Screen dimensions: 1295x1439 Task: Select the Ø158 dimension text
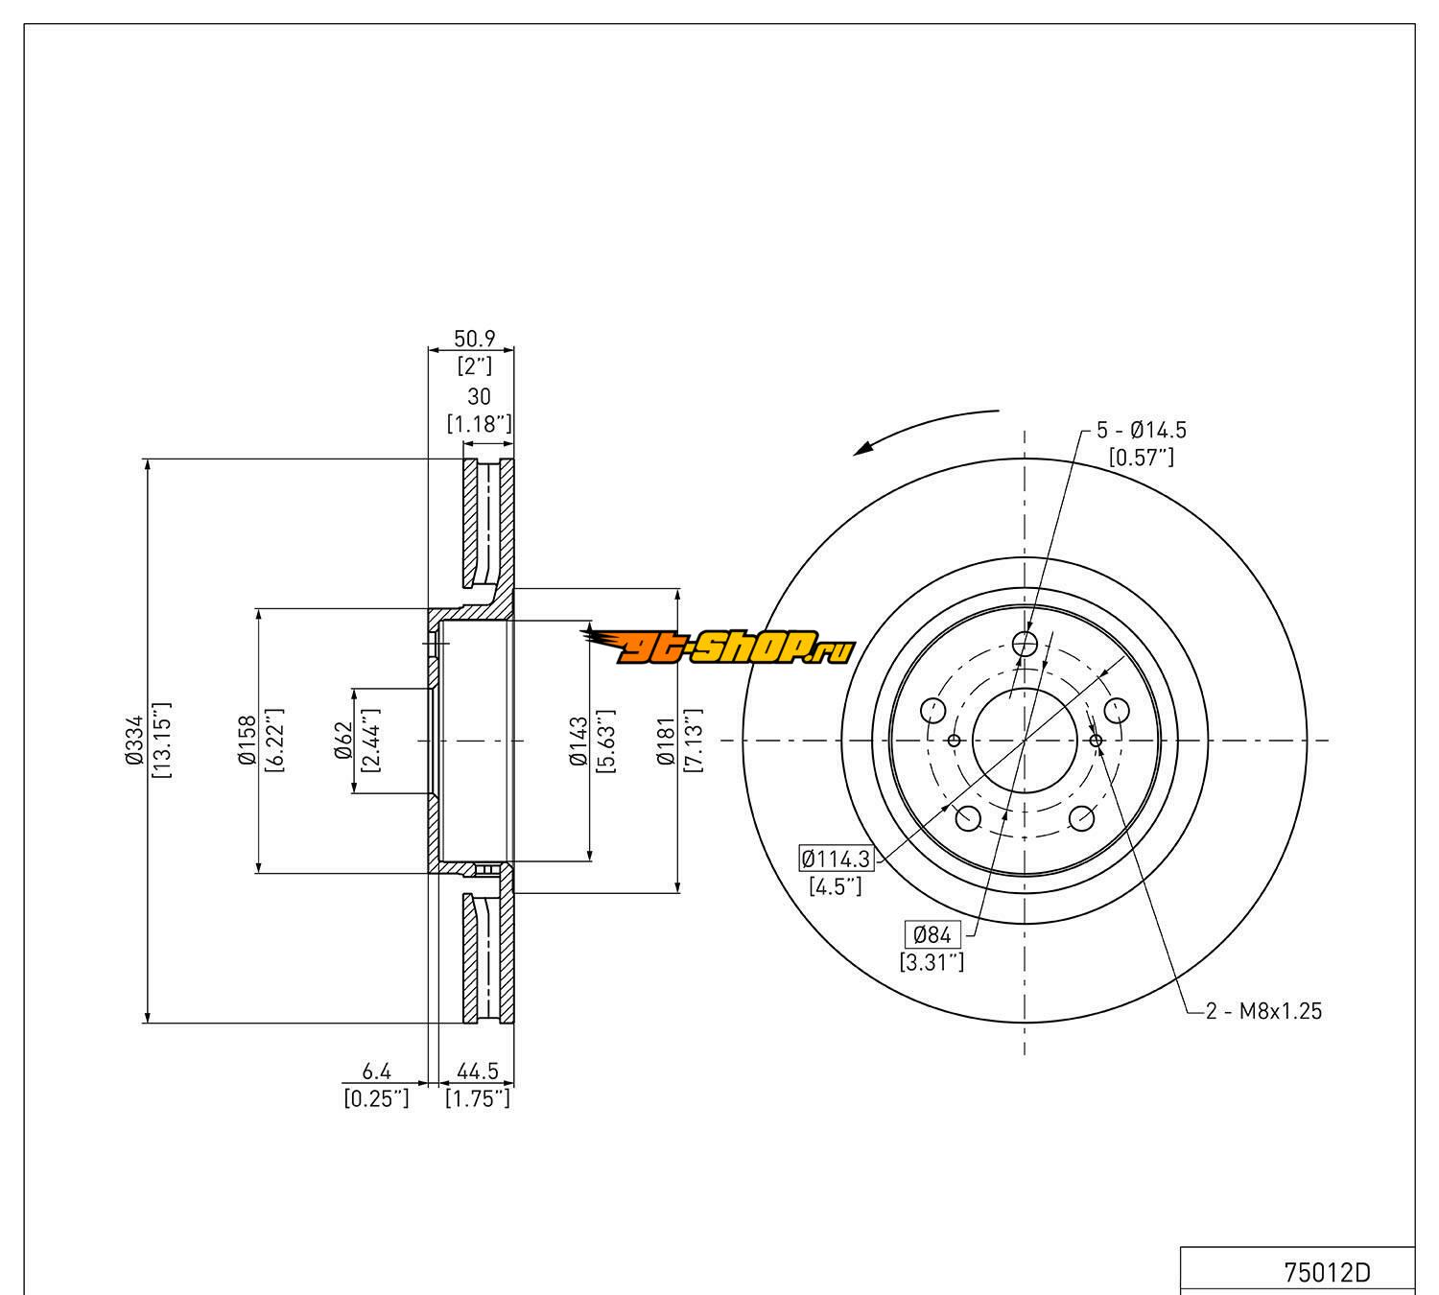pyautogui.click(x=248, y=741)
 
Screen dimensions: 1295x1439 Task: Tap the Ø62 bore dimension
pyautogui.click(x=343, y=741)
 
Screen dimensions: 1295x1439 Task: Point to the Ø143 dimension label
pyautogui.click(x=578, y=741)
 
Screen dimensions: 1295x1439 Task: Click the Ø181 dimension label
pyautogui.click(x=667, y=741)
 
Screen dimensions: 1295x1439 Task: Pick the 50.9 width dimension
pyautogui.click(x=474, y=339)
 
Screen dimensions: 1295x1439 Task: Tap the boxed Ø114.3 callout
pyautogui.click(x=836, y=858)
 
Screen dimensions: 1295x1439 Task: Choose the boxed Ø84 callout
pyautogui.click(x=932, y=933)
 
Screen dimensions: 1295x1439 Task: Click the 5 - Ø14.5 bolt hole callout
pyautogui.click(x=1141, y=431)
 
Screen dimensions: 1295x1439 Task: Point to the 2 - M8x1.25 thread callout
pyautogui.click(x=1263, y=1010)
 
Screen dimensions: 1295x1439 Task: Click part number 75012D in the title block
pyautogui.click(x=1327, y=1272)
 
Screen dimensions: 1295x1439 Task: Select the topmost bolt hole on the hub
pyautogui.click(x=1026, y=643)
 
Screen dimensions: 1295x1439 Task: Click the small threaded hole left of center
pyautogui.click(x=954, y=741)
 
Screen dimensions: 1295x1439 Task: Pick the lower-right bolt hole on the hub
pyautogui.click(x=1082, y=818)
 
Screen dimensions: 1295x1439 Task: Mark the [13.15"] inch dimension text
pyautogui.click(x=161, y=741)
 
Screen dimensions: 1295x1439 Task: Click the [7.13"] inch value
pyautogui.click(x=694, y=741)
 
